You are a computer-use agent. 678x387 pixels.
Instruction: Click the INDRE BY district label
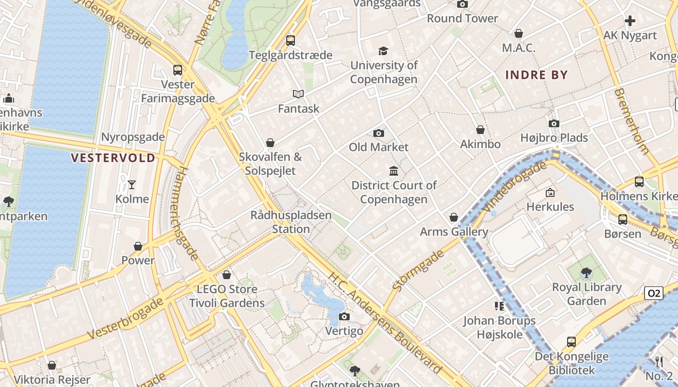click(x=536, y=75)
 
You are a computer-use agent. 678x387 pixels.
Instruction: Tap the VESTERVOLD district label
click(x=113, y=158)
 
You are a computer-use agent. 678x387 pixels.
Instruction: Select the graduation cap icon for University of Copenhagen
click(x=384, y=51)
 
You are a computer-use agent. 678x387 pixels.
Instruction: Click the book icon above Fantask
click(x=298, y=94)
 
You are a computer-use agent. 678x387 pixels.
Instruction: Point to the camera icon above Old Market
click(x=379, y=133)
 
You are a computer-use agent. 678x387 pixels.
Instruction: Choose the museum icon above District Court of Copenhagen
click(x=394, y=171)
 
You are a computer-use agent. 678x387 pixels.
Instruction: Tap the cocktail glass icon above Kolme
click(x=132, y=184)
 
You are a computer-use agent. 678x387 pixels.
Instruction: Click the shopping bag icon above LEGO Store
click(x=226, y=275)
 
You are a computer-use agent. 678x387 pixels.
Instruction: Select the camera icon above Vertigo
click(x=344, y=317)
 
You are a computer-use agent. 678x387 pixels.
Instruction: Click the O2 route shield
click(x=653, y=293)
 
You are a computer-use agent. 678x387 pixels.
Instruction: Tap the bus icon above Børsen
click(x=623, y=220)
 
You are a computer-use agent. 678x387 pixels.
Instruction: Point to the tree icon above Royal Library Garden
click(x=586, y=273)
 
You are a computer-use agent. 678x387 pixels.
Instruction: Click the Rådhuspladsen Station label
click(x=291, y=222)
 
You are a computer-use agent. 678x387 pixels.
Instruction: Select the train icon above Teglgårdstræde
click(x=291, y=41)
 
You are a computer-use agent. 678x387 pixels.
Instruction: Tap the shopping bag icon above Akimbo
click(x=480, y=130)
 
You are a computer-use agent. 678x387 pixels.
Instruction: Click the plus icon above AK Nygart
click(x=630, y=21)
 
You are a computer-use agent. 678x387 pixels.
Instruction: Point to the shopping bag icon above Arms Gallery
click(x=454, y=218)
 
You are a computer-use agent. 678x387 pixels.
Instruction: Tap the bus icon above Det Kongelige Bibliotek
click(x=571, y=342)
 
